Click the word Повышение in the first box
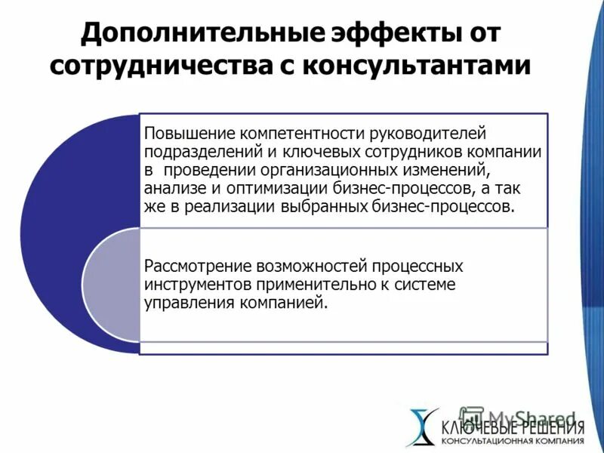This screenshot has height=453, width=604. [190, 134]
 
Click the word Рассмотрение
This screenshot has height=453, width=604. [198, 267]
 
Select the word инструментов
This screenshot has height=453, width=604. [194, 285]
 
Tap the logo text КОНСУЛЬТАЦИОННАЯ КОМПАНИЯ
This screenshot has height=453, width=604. [513, 441]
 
